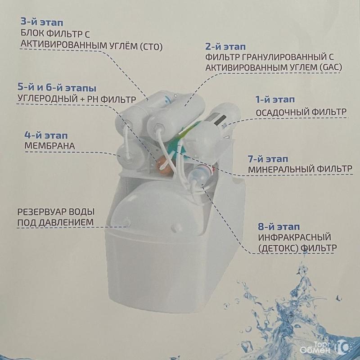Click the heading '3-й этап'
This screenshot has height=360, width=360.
tap(42, 22)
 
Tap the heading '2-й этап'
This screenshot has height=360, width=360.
tap(225, 47)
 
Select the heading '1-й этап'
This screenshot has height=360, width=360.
tap(275, 99)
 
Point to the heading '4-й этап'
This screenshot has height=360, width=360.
tap(46, 135)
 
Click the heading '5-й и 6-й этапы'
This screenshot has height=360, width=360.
tap(57, 88)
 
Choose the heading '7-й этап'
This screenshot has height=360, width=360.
tap(268, 159)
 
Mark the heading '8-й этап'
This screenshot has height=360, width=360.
tap(279, 227)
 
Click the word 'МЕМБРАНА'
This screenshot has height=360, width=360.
tap(49, 146)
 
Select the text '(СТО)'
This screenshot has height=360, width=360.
tap(151, 47)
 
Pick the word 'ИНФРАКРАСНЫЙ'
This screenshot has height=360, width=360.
tap(295, 237)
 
